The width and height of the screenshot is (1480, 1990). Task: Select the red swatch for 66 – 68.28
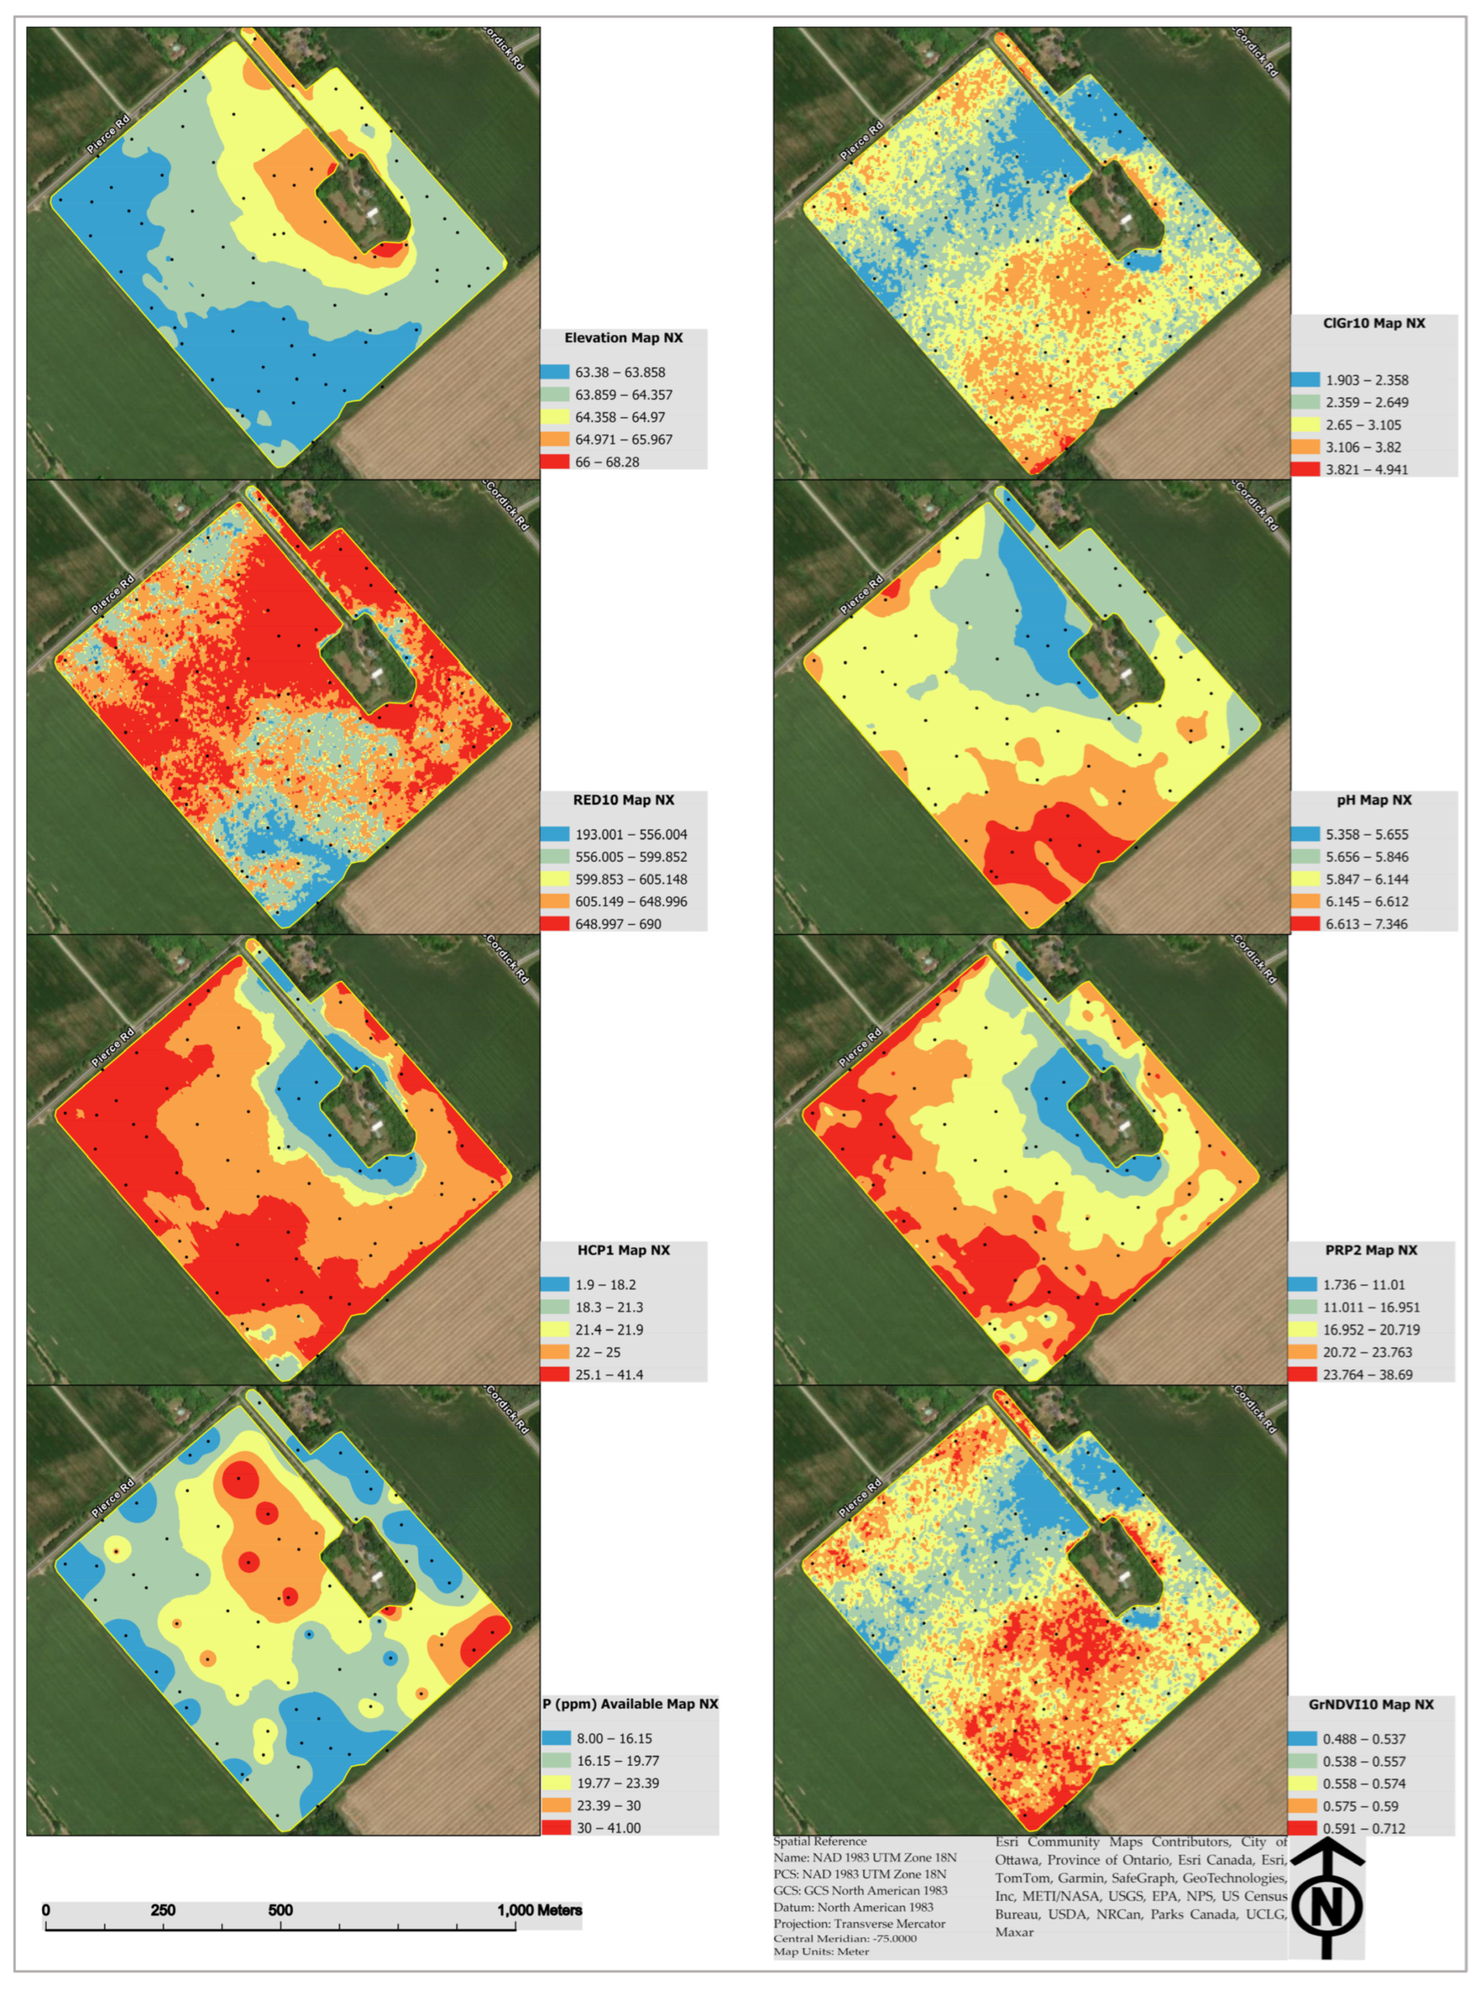pos(555,461)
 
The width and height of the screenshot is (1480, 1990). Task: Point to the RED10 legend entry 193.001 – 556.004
pos(631,834)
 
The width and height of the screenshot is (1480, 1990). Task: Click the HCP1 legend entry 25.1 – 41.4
pos(609,1374)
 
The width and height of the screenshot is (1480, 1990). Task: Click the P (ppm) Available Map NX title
pos(630,1703)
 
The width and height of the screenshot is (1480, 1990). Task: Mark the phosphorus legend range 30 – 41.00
pos(609,1827)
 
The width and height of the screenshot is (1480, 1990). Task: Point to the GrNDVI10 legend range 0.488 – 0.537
pos(1363,1738)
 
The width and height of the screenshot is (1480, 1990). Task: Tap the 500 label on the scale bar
pos(280,1909)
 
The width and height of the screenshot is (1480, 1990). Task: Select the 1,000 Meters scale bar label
pos(540,1909)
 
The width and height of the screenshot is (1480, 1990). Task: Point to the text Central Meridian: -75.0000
pos(845,1938)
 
